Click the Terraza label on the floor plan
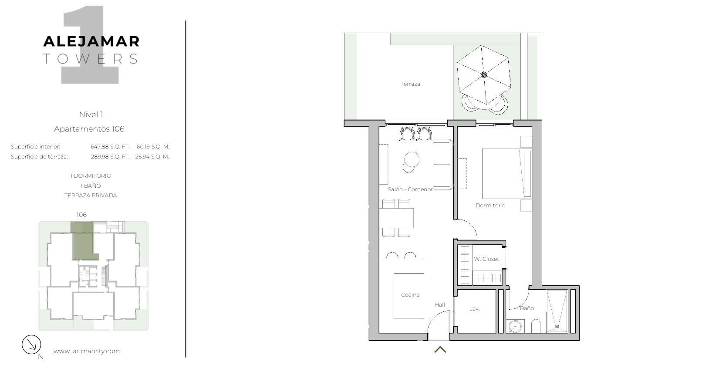pyautogui.click(x=410, y=84)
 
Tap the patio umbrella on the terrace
pyautogui.click(x=483, y=75)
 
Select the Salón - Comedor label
pyautogui.click(x=410, y=189)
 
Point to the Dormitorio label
pyautogui.click(x=491, y=206)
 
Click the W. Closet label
pyautogui.click(x=486, y=259)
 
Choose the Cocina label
pyautogui.click(x=410, y=295)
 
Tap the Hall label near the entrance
pyautogui.click(x=440, y=305)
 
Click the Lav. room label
pyautogui.click(x=474, y=309)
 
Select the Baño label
pyautogui.click(x=527, y=308)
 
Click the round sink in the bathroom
pyautogui.click(x=515, y=326)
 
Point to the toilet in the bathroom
pyautogui.click(x=536, y=326)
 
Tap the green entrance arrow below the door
pyautogui.click(x=440, y=349)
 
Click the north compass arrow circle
pyautogui.click(x=31, y=345)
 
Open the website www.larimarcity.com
pyautogui.click(x=87, y=351)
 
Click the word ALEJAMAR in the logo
pyautogui.click(x=91, y=41)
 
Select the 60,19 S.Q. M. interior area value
pyautogui.click(x=153, y=147)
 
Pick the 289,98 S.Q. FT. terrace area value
pyautogui.click(x=110, y=157)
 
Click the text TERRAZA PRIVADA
pyautogui.click(x=91, y=196)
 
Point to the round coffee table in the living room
pyautogui.click(x=412, y=159)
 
